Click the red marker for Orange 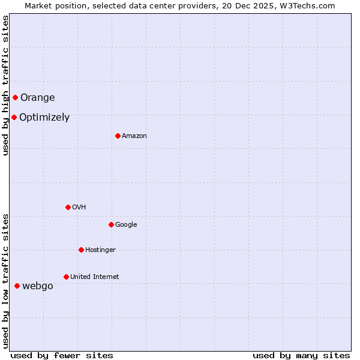[15, 97]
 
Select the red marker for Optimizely [14, 117]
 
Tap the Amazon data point [118, 136]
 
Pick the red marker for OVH [68, 207]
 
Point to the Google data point [111, 224]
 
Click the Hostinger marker [81, 250]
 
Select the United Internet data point [66, 277]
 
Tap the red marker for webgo [17, 286]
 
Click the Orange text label [38, 97]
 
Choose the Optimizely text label [44, 117]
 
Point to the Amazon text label [134, 136]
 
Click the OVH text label [79, 207]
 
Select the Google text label [126, 224]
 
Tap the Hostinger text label [100, 250]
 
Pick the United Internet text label [95, 277]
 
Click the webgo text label [38, 286]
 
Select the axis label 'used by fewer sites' [62, 355]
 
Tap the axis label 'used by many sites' [301, 355]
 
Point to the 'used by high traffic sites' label [6, 85]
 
